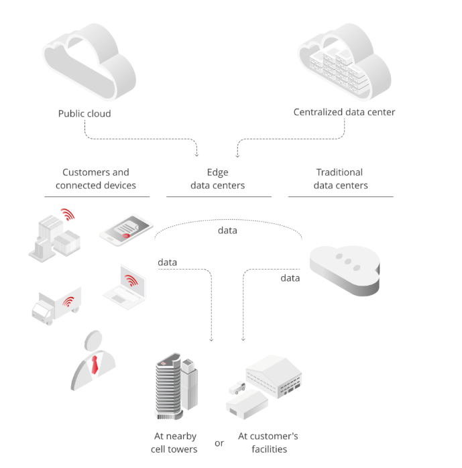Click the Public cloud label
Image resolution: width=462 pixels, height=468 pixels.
tap(84, 113)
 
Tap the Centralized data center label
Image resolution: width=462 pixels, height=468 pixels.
tap(344, 112)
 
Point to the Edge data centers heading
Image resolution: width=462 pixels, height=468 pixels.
tap(218, 179)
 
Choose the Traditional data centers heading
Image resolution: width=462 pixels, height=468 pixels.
tap(340, 179)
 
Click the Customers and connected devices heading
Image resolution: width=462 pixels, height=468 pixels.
tap(96, 179)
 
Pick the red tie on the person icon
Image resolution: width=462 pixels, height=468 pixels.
tap(95, 365)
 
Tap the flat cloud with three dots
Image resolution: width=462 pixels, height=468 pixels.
tap(344, 266)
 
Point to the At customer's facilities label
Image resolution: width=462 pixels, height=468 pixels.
tap(268, 443)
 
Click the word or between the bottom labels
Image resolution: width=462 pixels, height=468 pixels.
tap(219, 443)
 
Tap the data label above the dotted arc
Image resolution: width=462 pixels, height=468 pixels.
tap(227, 231)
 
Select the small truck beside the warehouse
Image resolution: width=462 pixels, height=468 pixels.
tap(237, 388)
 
